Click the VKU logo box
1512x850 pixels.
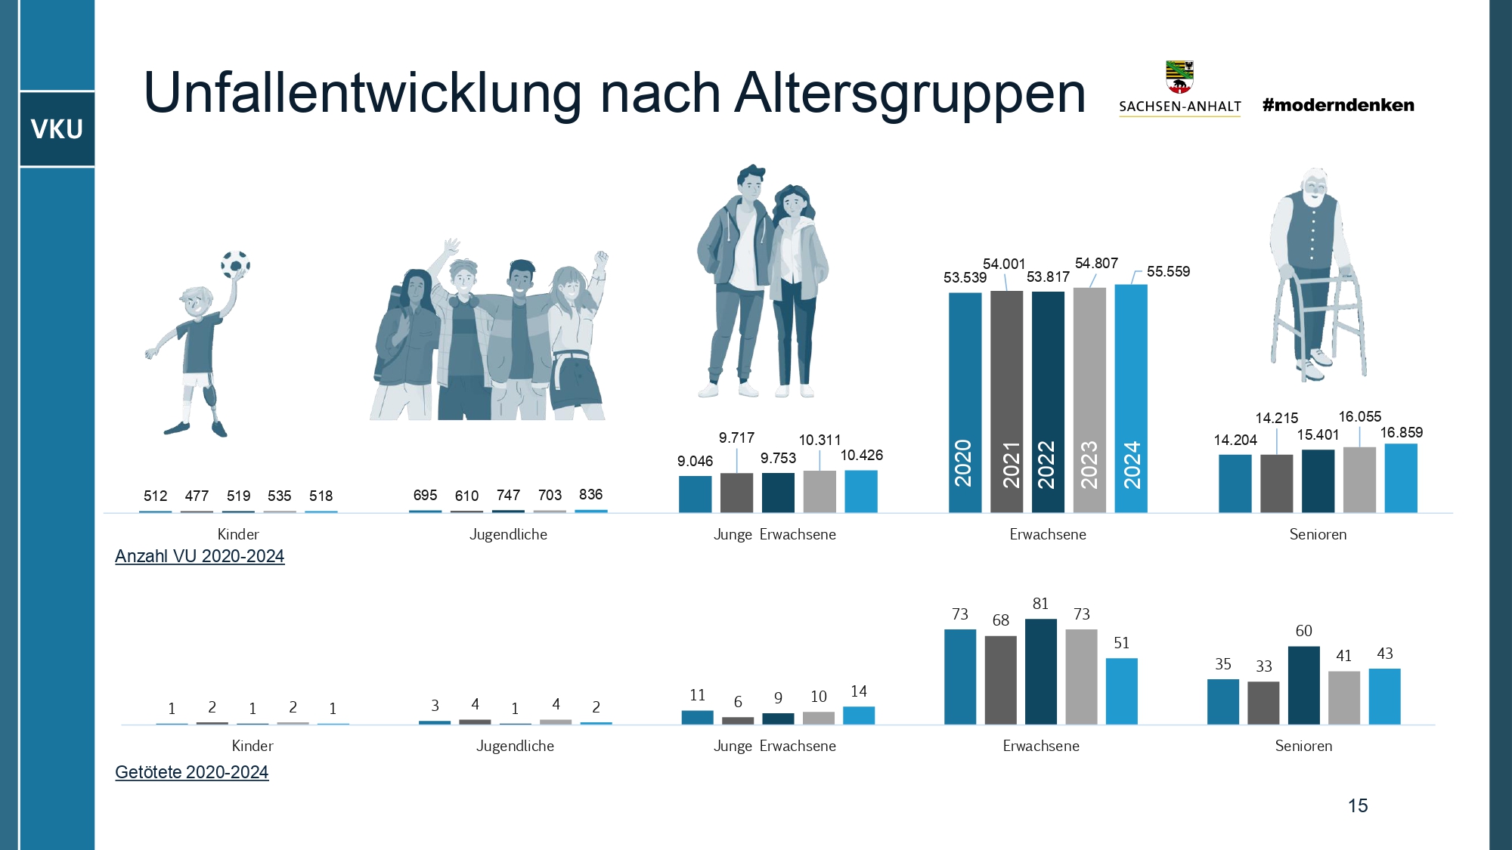(x=57, y=129)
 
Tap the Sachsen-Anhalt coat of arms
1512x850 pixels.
(x=1179, y=76)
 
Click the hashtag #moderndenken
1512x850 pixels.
(x=1338, y=105)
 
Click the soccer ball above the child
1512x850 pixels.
(x=235, y=264)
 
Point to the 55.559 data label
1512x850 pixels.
(x=1168, y=271)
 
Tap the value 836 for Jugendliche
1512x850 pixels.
(x=590, y=494)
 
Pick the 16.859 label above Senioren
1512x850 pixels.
(x=1401, y=432)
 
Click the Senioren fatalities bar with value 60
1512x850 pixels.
(x=1303, y=685)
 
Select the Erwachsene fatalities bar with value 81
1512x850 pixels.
(x=1041, y=671)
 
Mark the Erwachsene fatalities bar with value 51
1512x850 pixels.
(x=1121, y=691)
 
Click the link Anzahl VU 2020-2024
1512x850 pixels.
(x=200, y=556)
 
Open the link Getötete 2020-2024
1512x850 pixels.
(x=191, y=772)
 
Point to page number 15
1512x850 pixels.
(x=1358, y=805)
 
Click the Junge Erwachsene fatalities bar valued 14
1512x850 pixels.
(x=859, y=715)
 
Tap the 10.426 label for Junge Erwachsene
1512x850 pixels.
(x=861, y=455)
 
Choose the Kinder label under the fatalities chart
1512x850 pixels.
(x=253, y=746)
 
